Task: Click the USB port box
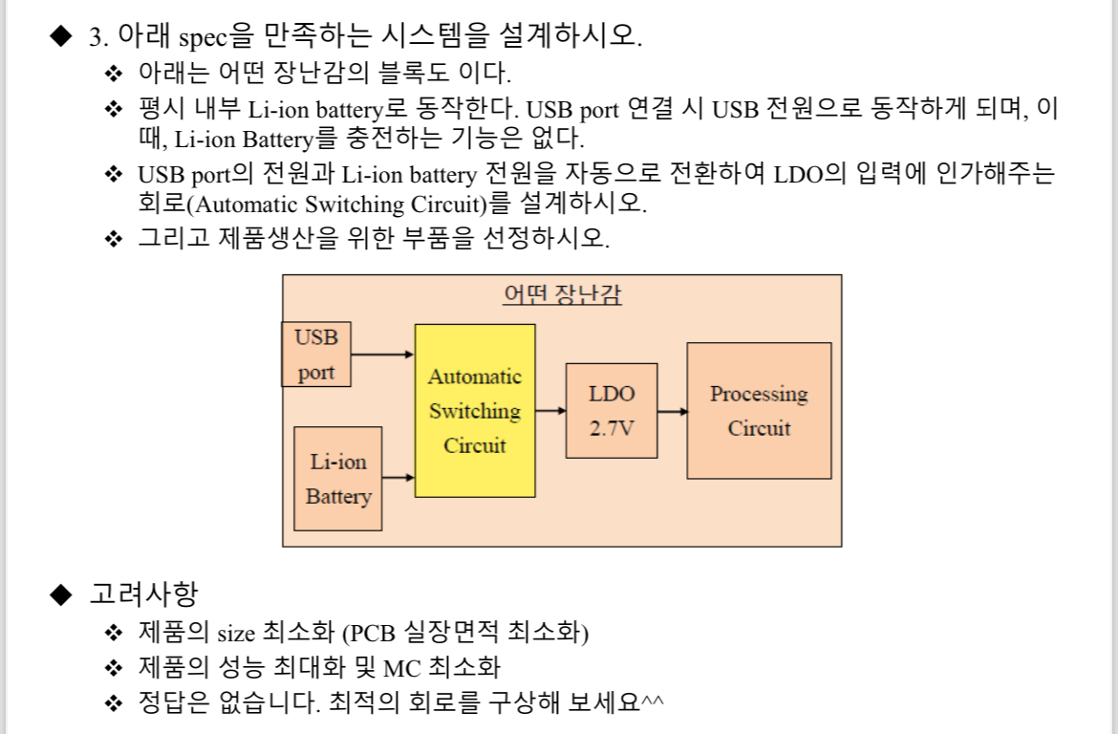pos(316,355)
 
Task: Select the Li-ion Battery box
pos(338,479)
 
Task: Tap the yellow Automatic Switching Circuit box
pos(475,411)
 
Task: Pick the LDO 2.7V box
pos(612,411)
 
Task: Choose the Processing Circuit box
pos(759,411)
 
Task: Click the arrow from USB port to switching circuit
pos(382,355)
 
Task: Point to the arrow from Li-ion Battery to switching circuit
pos(398,476)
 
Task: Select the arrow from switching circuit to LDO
pos(550,411)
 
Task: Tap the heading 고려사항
pos(143,594)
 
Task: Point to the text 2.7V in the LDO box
pos(612,428)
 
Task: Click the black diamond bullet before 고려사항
pos(61,594)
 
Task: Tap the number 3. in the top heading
pos(98,37)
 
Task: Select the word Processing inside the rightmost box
pos(759,394)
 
